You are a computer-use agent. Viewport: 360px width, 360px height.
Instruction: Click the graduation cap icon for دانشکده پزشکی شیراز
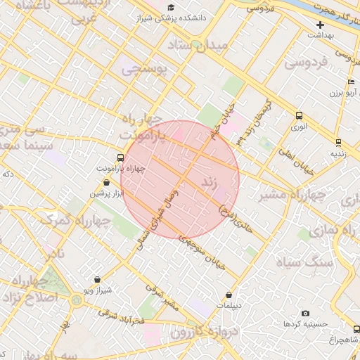pyautogui.click(x=170, y=7)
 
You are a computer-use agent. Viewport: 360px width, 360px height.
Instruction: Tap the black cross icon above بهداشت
pyautogui.click(x=320, y=25)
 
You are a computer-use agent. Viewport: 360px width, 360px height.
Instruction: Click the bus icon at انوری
pyautogui.click(x=300, y=116)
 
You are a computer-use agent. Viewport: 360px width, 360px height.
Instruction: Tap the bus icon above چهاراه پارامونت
pyautogui.click(x=120, y=158)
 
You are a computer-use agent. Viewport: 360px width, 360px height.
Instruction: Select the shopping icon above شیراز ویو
pyautogui.click(x=97, y=279)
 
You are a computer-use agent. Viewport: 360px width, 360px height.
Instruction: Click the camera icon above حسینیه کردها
pyautogui.click(x=304, y=313)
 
